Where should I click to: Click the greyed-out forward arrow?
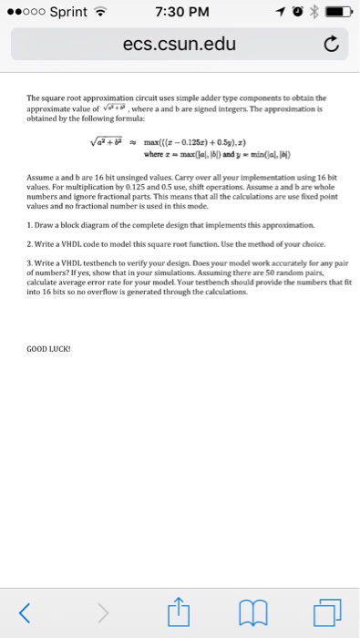[102, 609]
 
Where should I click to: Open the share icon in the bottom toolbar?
[180, 607]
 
